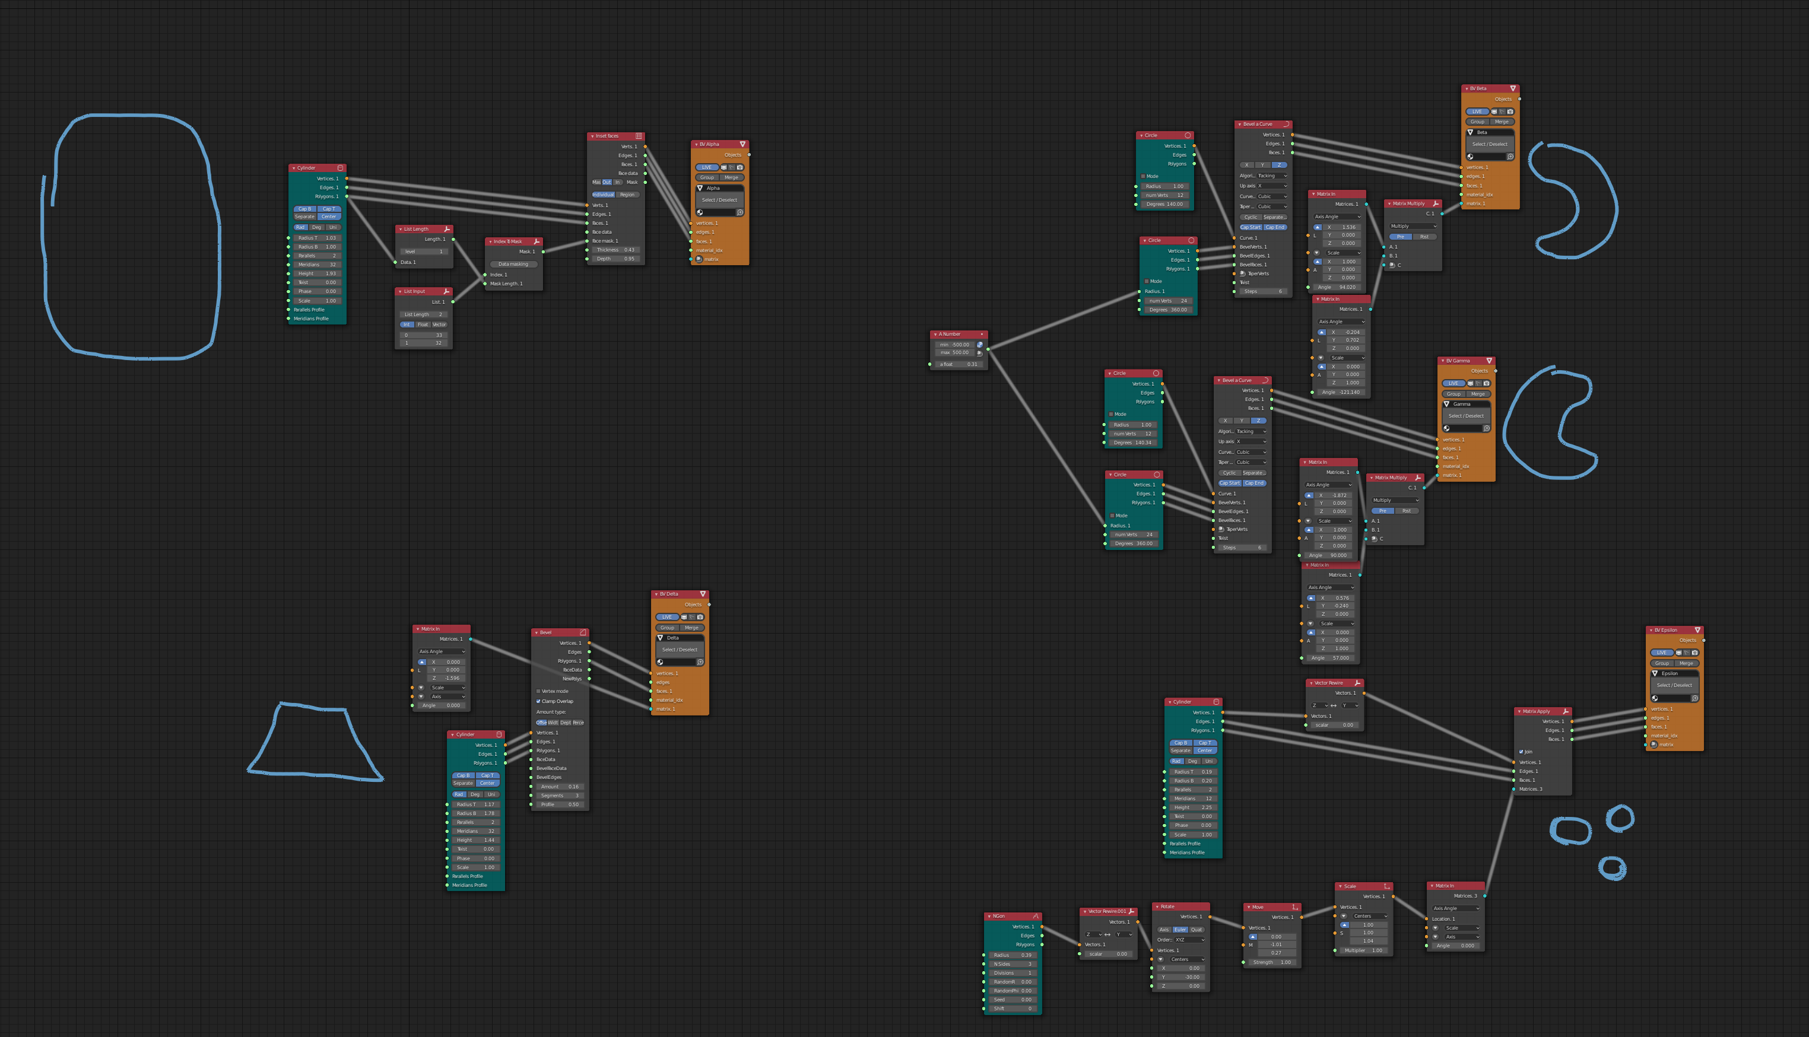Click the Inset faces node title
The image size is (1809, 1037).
[608, 136]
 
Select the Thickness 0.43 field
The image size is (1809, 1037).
[615, 250]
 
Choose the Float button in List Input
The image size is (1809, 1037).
[423, 325]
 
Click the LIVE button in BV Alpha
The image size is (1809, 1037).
[706, 167]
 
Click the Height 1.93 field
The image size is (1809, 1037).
[317, 273]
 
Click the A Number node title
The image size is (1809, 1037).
[950, 334]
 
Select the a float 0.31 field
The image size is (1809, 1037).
[959, 364]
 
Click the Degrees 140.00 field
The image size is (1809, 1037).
[1165, 205]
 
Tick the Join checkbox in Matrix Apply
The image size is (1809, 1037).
[1521, 752]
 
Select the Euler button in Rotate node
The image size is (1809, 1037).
[1180, 930]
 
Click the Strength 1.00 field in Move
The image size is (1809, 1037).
[1272, 962]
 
